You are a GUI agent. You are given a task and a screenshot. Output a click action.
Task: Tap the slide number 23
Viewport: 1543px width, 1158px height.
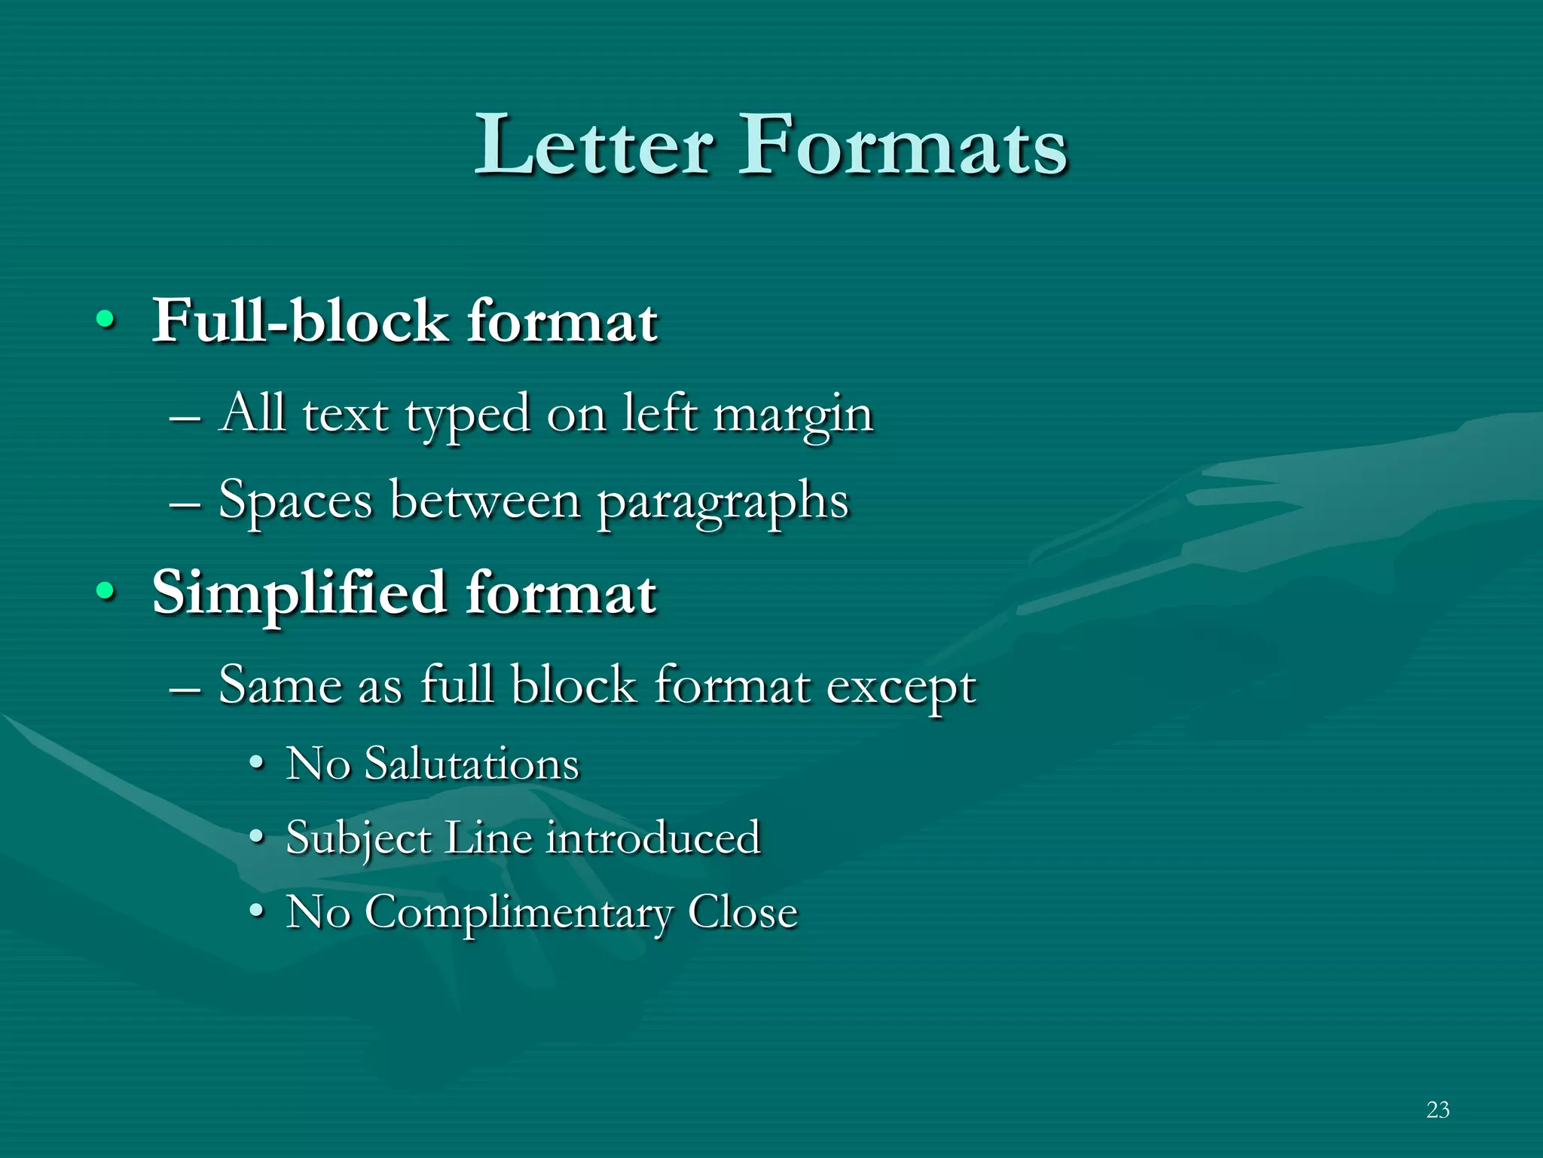coord(1438,1110)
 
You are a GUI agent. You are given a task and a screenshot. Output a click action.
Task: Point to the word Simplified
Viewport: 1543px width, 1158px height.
coord(299,593)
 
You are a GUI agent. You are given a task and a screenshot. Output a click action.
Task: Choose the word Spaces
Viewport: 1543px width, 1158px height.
coord(295,501)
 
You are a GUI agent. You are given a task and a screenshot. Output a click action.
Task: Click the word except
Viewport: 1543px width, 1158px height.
coord(901,688)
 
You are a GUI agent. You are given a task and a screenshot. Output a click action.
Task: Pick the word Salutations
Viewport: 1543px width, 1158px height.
coord(472,764)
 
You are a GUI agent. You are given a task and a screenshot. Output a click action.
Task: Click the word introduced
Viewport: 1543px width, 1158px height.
coord(653,838)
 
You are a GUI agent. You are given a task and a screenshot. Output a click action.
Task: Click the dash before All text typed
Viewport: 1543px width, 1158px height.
coord(185,416)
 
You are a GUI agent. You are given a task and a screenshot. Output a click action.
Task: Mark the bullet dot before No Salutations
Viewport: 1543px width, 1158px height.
coord(257,764)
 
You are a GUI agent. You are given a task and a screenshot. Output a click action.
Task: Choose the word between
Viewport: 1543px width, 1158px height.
coord(485,501)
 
